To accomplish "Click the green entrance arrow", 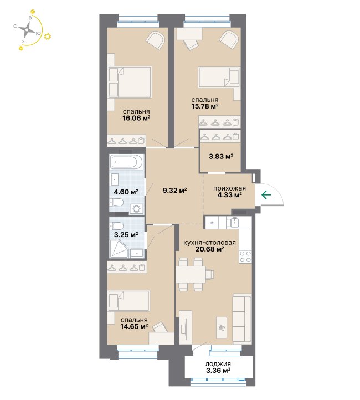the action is pyautogui.click(x=266, y=195).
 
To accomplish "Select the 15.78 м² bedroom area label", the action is pyautogui.click(x=205, y=106).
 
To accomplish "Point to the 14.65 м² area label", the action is pyautogui.click(x=135, y=326).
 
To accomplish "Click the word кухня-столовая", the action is pyautogui.click(x=209, y=242).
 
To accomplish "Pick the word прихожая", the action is pyautogui.click(x=229, y=188).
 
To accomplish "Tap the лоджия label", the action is pyautogui.click(x=218, y=364).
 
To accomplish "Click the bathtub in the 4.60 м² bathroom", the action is pyautogui.click(x=127, y=161).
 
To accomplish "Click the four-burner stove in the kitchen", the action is pyautogui.click(x=245, y=257).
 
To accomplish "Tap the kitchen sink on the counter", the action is pyautogui.click(x=233, y=223).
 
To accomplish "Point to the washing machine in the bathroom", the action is pyautogui.click(x=137, y=209).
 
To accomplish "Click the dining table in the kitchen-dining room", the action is pyautogui.click(x=191, y=274).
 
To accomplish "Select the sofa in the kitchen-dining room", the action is pyautogui.click(x=242, y=319).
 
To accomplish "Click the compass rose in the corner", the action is pyautogui.click(x=27, y=30).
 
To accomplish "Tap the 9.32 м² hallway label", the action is pyautogui.click(x=175, y=191).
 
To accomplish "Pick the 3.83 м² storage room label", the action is pyautogui.click(x=221, y=156).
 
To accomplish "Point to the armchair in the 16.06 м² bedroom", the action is pyautogui.click(x=156, y=40).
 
